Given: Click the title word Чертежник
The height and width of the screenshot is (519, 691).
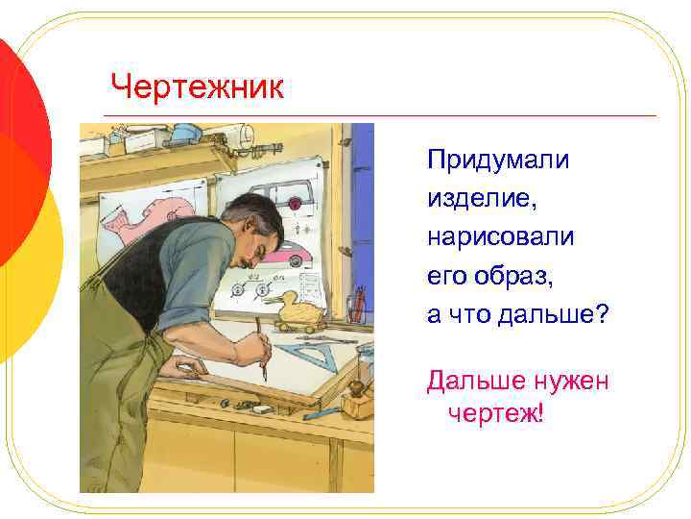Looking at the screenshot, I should click(197, 87).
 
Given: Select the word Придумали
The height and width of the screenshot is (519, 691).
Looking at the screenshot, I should click(498, 160).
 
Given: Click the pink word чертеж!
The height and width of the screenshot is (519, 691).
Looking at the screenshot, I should click(495, 414).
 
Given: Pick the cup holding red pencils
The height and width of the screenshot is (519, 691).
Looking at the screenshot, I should click(357, 306).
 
